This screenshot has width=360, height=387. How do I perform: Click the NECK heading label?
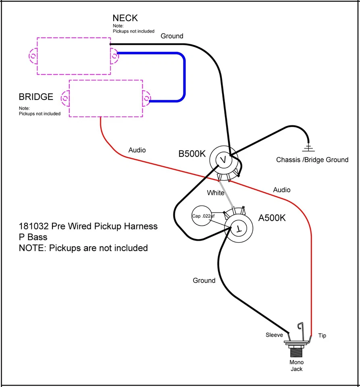125,18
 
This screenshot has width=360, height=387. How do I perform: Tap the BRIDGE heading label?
36,97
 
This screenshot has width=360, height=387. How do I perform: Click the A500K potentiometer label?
272,218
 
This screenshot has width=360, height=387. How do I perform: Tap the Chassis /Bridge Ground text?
312,160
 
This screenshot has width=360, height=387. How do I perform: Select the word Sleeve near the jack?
274,335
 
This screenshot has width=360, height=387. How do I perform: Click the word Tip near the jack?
322,335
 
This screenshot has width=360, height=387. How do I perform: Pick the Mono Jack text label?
296,365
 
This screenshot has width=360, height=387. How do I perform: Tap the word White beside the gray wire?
215,193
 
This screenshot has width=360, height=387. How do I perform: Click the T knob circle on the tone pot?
238,229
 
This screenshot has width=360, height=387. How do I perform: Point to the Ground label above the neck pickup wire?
172,36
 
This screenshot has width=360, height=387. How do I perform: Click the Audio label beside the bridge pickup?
137,150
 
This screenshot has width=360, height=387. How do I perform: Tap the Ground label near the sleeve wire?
204,281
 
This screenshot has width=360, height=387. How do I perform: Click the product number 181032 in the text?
33,226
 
